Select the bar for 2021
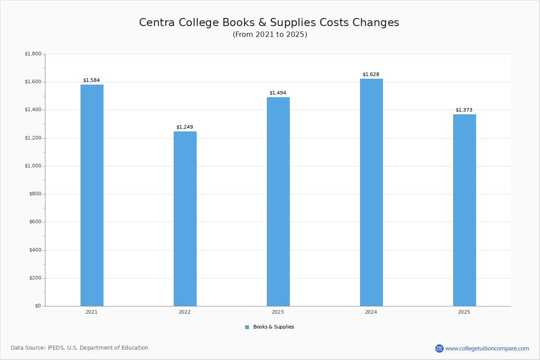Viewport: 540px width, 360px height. pos(92,195)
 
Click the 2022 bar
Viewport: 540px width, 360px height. pos(185,219)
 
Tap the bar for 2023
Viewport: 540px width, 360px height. pos(278,202)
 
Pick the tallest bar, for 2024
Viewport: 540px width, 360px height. pos(371,193)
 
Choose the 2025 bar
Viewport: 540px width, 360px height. pos(464,210)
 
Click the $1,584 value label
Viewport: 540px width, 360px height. pos(91,81)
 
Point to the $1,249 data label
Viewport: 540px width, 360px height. pos(184,127)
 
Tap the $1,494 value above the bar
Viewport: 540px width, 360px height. pos(278,93)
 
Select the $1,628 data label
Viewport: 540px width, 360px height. pos(371,75)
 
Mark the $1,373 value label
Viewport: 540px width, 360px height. pos(464,110)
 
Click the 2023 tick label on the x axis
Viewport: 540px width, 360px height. pos(278,312)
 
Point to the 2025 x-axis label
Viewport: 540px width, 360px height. pos(464,312)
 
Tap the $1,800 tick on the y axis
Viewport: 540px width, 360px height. pos(33,54)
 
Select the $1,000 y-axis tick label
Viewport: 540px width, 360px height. pos(33,166)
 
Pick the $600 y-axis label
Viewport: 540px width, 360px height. pos(34,222)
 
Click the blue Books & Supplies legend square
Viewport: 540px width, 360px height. pos(247,327)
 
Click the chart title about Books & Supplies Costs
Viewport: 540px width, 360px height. pos(269,22)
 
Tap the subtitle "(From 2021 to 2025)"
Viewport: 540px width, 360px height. pos(270,35)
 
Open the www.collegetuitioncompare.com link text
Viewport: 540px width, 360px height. pos(487,348)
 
